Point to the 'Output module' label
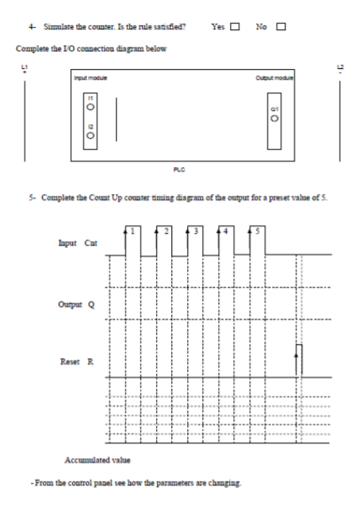coord(274,77)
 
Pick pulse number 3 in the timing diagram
coord(197,231)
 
